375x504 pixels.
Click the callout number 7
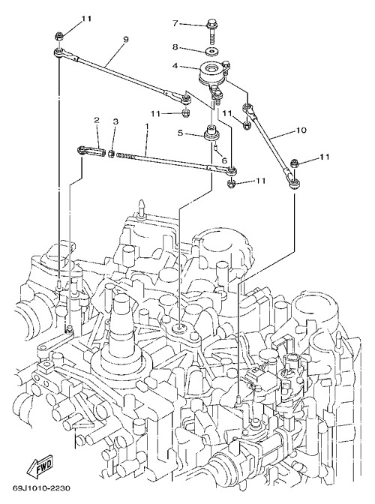click(175, 23)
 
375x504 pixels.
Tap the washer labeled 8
click(211, 51)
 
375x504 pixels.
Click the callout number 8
click(175, 47)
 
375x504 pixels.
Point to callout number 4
click(175, 66)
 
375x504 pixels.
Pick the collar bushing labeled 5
click(211, 133)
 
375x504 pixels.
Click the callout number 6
click(224, 160)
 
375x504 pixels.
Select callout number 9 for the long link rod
click(126, 39)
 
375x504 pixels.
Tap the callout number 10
click(301, 130)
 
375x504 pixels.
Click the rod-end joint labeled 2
click(91, 151)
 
